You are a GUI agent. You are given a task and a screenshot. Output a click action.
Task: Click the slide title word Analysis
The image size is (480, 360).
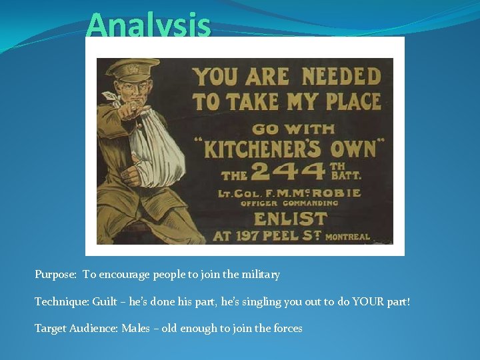(x=148, y=27)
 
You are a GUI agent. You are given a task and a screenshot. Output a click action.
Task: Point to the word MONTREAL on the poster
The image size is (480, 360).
(x=347, y=237)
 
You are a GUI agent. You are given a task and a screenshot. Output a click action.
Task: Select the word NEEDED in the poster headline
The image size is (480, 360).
(x=340, y=77)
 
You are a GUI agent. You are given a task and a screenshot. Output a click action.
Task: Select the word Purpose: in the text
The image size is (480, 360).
(x=56, y=275)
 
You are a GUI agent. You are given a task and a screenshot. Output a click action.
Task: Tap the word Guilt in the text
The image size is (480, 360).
(x=104, y=302)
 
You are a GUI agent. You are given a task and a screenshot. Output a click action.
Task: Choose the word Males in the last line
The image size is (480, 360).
(x=136, y=328)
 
